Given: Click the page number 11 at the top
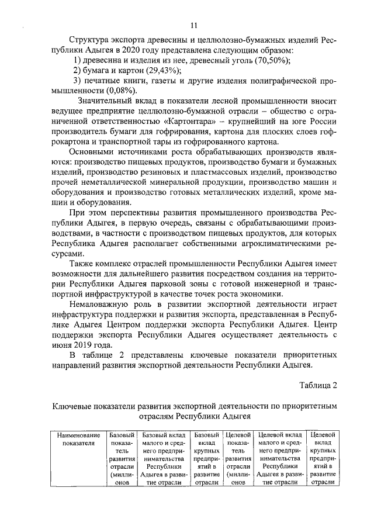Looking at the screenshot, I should pyautogui.click(x=194, y=24).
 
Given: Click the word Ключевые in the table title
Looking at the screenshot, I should pyautogui.click(x=72, y=405).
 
